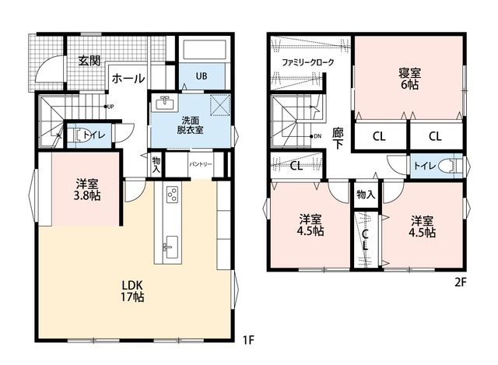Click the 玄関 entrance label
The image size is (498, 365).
[89, 61]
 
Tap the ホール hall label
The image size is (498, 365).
[128, 78]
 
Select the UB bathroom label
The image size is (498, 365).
[202, 76]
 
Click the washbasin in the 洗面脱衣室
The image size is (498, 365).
[164, 103]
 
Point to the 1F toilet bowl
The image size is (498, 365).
[79, 135]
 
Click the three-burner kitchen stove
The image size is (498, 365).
[173, 195]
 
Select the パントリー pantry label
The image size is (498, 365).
[201, 164]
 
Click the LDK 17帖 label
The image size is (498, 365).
[132, 290]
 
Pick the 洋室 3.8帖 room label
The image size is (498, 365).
[86, 190]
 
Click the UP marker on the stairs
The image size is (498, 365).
[109, 107]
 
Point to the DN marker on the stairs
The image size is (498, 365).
[316, 136]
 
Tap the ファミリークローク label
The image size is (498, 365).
[308, 62]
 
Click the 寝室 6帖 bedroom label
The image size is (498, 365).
[410, 79]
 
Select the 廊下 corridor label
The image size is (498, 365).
[338, 139]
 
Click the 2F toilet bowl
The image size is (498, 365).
[449, 166]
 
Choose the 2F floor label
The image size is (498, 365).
[460, 283]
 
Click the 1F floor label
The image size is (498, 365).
[248, 341]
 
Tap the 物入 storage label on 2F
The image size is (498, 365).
[366, 195]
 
